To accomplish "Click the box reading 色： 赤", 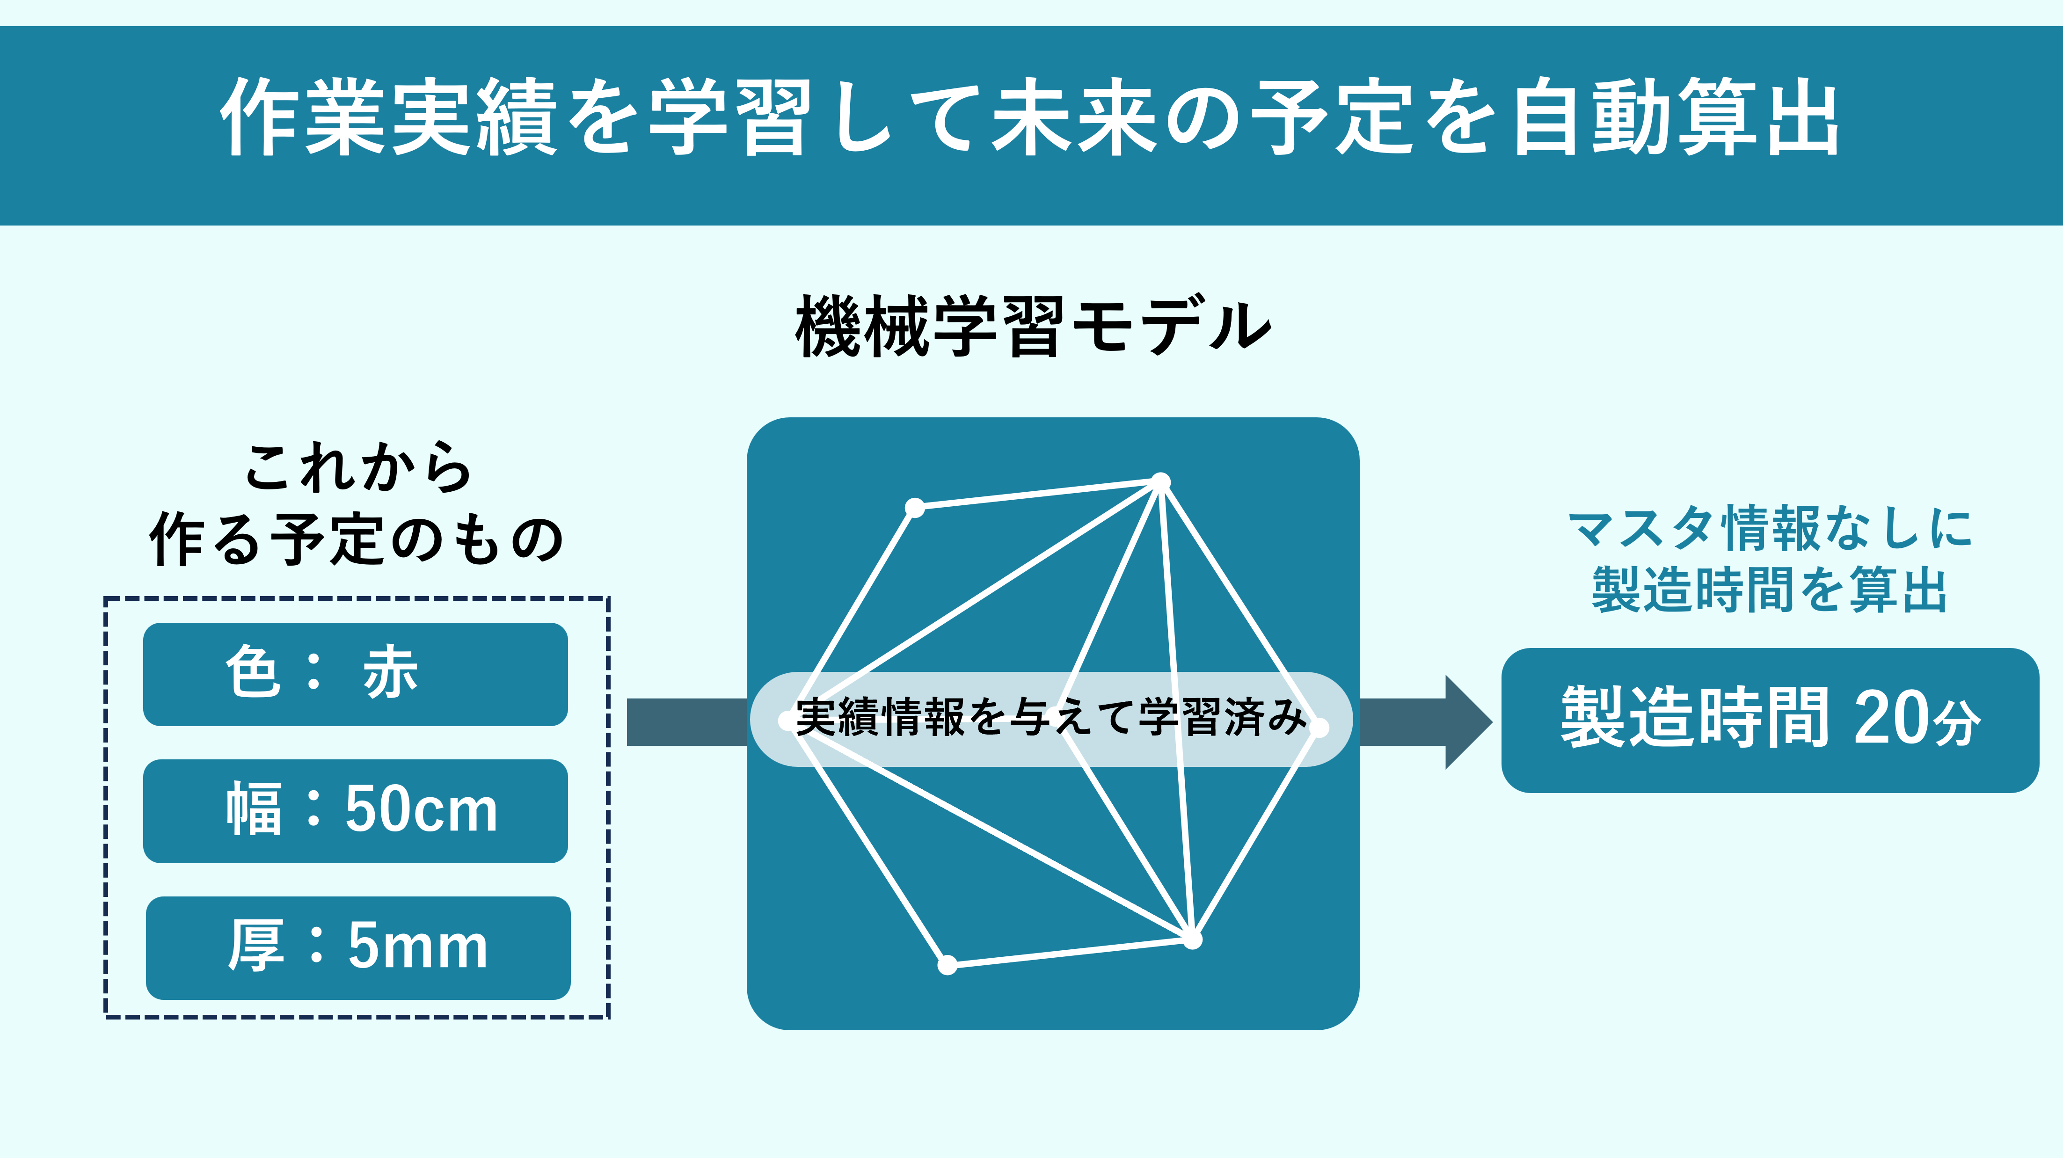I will [355, 674].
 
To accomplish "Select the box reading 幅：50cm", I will [355, 810].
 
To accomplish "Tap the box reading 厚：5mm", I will [357, 947].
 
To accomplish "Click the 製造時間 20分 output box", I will [1769, 720].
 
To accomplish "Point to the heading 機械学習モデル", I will [1033, 326].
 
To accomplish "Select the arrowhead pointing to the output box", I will [1468, 721].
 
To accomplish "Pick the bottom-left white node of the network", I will [948, 965].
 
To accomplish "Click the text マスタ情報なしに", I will [1769, 529].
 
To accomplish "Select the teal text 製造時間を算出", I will [1769, 590].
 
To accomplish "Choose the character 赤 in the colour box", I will [391, 673].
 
